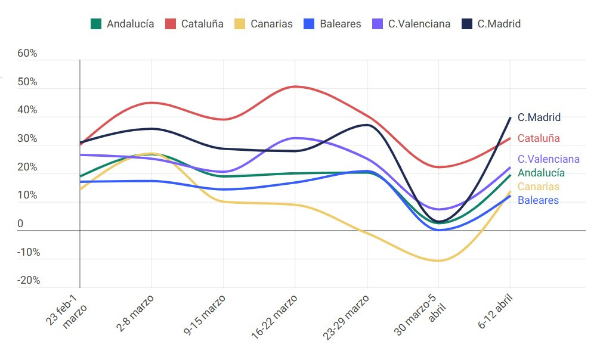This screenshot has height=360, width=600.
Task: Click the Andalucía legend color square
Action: tap(95, 24)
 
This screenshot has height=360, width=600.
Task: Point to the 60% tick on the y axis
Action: tap(27, 54)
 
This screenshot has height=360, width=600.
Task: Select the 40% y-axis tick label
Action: tap(27, 110)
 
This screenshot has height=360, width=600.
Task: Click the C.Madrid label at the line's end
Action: tap(539, 117)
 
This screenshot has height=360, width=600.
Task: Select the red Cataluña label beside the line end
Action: tap(539, 138)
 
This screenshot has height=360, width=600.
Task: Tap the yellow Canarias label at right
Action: tap(539, 187)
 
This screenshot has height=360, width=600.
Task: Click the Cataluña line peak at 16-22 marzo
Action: tap(295, 86)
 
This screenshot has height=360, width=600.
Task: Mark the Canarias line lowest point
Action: tap(438, 260)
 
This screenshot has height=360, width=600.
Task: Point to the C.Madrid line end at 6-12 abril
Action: tap(510, 117)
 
